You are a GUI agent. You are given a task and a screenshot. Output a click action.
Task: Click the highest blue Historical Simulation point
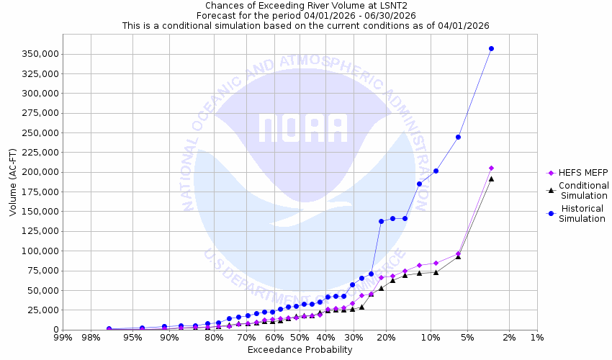coord(491,48)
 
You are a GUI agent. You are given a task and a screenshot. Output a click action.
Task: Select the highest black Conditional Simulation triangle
coord(491,179)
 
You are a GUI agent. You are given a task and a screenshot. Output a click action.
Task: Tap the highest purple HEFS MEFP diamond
coord(491,168)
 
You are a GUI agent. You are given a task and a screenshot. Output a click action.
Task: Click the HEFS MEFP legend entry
coord(578,173)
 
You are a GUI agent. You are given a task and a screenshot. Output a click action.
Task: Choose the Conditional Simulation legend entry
coord(583,190)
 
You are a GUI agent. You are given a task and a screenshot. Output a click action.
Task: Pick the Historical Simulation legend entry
coord(583,213)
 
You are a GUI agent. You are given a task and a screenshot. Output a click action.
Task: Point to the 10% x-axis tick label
coord(430,338)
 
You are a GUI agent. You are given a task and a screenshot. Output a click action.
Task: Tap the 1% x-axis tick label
coord(537,338)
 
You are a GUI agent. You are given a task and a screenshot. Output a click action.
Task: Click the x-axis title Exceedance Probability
coord(300,350)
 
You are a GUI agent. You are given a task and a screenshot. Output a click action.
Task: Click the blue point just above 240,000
coord(458,137)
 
